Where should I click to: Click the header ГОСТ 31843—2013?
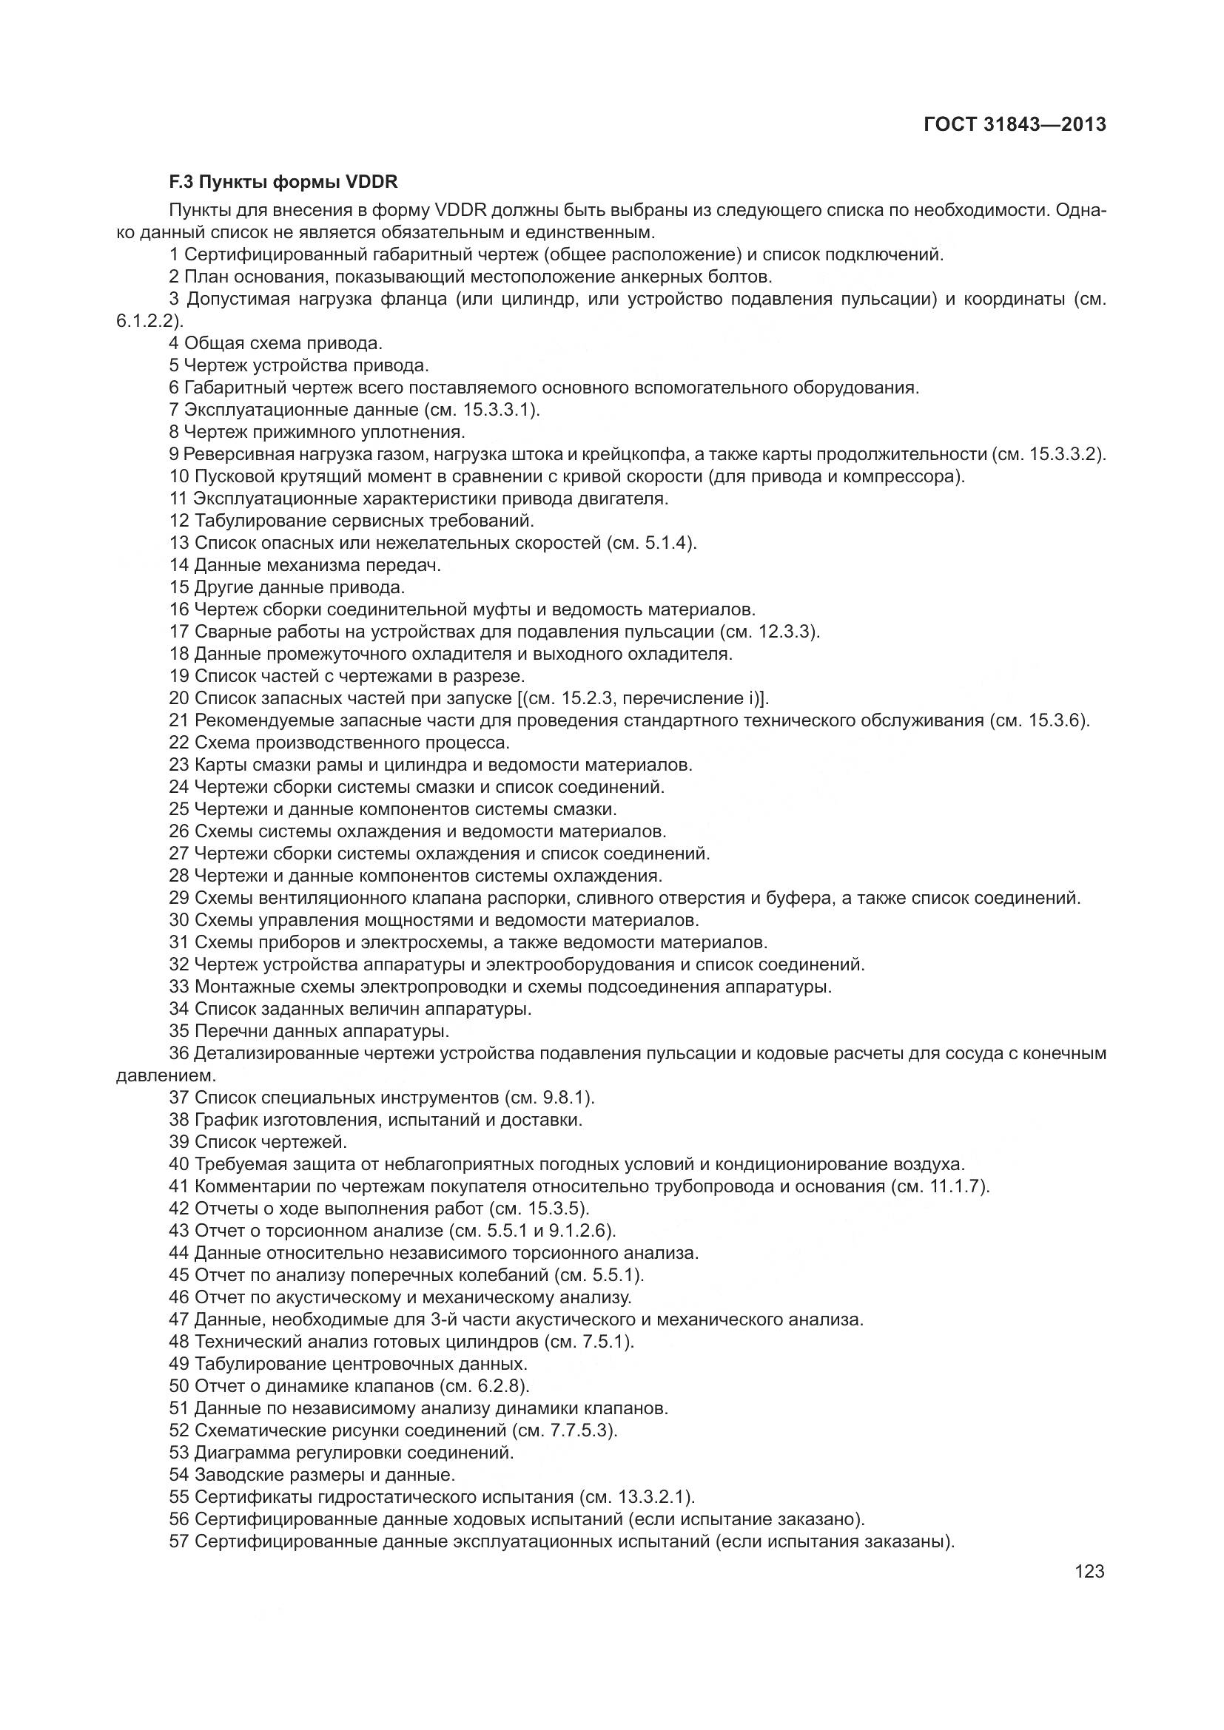(1015, 125)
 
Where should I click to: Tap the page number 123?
(1089, 1571)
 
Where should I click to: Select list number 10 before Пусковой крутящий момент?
(179, 476)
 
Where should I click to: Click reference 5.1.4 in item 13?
(668, 544)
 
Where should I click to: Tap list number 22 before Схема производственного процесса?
(179, 742)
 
